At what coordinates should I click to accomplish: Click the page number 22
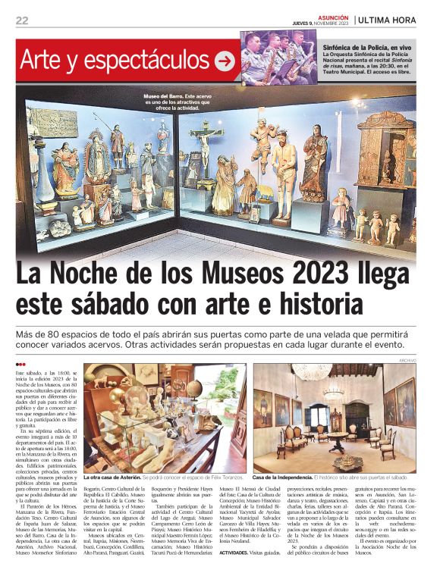coord(22,20)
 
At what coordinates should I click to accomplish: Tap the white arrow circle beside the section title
coord(225,61)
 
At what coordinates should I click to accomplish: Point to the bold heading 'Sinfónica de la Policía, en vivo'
coord(369,47)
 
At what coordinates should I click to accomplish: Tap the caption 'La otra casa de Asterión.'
coord(112,478)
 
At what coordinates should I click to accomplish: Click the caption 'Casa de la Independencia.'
coord(282,478)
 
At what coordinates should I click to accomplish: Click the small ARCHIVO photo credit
coord(407,360)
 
